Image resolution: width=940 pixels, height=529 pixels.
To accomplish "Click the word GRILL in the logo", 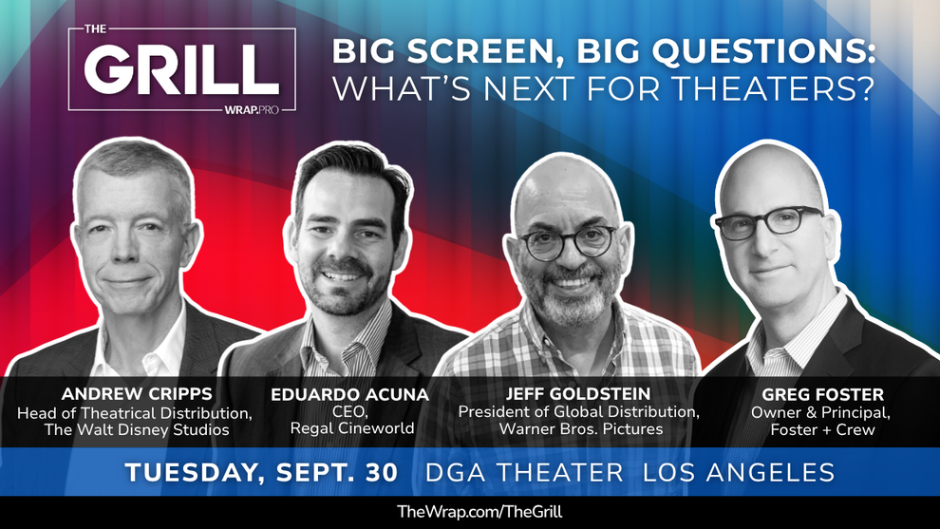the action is [181, 68].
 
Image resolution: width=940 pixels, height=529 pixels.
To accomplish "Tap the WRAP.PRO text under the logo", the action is [252, 110].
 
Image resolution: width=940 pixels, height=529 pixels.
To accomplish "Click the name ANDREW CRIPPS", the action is [137, 394].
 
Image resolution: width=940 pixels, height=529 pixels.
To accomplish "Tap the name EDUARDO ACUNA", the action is [349, 395].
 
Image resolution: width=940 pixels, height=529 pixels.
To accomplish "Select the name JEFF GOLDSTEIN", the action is [578, 393].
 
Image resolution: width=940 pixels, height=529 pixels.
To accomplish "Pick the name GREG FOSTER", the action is [822, 395].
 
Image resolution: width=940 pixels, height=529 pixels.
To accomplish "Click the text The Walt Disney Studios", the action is [137, 430].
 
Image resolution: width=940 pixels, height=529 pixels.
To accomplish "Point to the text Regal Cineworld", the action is [352, 428].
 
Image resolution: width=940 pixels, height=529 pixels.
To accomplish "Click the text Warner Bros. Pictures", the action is [581, 429].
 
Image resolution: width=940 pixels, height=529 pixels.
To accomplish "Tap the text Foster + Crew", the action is [822, 430].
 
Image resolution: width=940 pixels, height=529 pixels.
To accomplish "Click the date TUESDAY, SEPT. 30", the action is [261, 473].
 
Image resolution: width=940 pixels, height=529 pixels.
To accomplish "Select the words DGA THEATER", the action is [524, 473].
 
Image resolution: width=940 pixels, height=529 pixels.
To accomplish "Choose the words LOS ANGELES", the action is [739, 473].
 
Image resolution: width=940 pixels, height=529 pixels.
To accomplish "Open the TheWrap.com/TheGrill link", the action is [479, 512].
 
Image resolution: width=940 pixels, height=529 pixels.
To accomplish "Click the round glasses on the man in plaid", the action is [569, 241].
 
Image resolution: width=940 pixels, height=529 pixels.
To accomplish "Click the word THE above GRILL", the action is [95, 29].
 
